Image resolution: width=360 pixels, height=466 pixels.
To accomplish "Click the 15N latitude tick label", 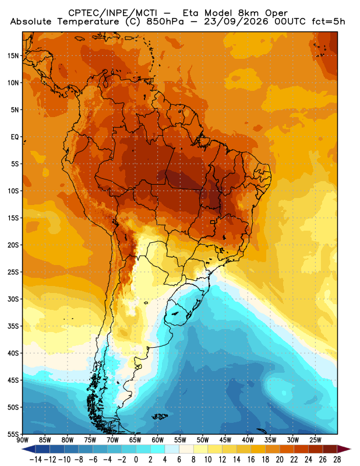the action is pos(13,56).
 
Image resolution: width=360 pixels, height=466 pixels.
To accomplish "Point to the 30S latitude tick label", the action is pos(13,299).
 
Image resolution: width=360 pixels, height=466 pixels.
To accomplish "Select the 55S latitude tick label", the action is pos(13,434).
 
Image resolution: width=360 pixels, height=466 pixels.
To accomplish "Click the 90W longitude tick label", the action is pos(23,440).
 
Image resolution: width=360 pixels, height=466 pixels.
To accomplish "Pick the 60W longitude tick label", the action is pos(157,440).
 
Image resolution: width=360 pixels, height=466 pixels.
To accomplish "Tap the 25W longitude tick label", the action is pos(315,440).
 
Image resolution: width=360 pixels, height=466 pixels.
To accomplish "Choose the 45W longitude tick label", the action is pos(225,440).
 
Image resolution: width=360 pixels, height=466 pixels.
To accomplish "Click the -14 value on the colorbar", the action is pos(36,460).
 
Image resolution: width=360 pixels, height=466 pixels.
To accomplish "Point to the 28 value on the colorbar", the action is pos(337,460).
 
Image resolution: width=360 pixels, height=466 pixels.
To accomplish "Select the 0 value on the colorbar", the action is pos(136,460).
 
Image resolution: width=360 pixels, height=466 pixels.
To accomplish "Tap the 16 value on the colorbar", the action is pos(251,460).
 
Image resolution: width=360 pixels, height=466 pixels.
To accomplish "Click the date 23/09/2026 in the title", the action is pos(236,22).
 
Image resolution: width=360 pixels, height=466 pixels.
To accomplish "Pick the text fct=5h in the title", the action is pos(328,22).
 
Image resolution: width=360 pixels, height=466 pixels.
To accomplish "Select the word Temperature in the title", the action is pos(89,22).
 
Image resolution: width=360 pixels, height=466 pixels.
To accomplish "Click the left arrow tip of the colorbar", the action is pos(22,449).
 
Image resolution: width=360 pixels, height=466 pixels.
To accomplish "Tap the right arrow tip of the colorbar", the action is pos(351,449).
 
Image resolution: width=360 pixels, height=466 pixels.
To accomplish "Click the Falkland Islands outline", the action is pos(160,416).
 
